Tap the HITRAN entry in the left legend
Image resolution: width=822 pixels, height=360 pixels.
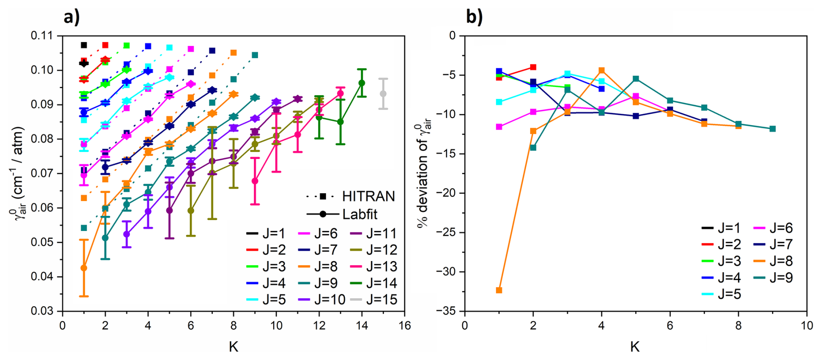pos(368,197)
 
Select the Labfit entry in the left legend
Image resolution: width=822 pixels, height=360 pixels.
pos(360,215)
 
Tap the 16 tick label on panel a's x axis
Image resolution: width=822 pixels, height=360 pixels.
pos(404,326)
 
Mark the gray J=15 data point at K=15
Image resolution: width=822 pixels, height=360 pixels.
pos(383,94)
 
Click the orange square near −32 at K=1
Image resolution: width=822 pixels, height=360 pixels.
pos(499,290)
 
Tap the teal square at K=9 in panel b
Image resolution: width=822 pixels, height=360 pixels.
pos(772,129)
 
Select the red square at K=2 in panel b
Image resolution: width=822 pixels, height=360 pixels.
pos(533,67)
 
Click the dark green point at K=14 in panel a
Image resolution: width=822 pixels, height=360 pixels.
pos(361,83)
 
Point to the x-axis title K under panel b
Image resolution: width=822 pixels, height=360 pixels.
pos(635,347)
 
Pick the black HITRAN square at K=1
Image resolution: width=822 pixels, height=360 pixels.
pos(84,45)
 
